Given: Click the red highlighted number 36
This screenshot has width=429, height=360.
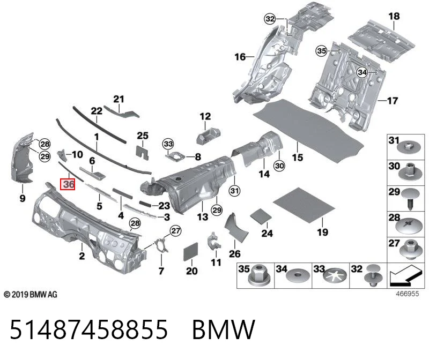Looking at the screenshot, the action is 68,184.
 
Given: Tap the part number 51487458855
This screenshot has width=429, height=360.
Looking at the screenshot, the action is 88,329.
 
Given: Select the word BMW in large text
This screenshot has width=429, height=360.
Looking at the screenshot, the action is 224,329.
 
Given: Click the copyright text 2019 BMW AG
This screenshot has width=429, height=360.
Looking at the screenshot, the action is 31,295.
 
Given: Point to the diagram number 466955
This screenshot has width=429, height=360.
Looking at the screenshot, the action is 408,294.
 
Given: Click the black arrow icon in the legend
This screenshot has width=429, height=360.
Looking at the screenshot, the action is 405,275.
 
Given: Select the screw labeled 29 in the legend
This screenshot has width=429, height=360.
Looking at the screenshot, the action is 410,198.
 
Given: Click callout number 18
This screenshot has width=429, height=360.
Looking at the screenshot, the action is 394,17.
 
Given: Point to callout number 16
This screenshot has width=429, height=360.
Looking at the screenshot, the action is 240,57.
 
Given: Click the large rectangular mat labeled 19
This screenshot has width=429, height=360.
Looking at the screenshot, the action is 304,205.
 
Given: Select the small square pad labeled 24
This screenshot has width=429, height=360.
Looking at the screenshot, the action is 261,215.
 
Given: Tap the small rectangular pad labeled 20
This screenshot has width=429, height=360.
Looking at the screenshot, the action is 190,251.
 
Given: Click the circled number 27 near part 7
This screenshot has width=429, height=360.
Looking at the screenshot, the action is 176,231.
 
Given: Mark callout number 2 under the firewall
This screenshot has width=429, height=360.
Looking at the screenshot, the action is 82,256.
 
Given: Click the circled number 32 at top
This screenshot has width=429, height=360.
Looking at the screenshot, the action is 270,19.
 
